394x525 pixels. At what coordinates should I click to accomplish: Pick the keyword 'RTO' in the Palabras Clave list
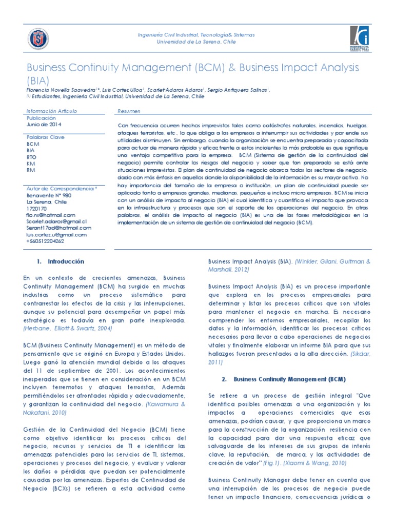click(31, 157)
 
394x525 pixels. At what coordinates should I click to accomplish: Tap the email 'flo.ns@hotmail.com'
click(51, 215)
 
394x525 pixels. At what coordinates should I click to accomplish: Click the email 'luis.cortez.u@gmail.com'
click(56, 234)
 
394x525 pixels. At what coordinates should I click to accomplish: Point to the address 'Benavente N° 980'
click(49, 195)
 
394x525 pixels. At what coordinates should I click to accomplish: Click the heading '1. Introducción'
click(61, 261)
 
